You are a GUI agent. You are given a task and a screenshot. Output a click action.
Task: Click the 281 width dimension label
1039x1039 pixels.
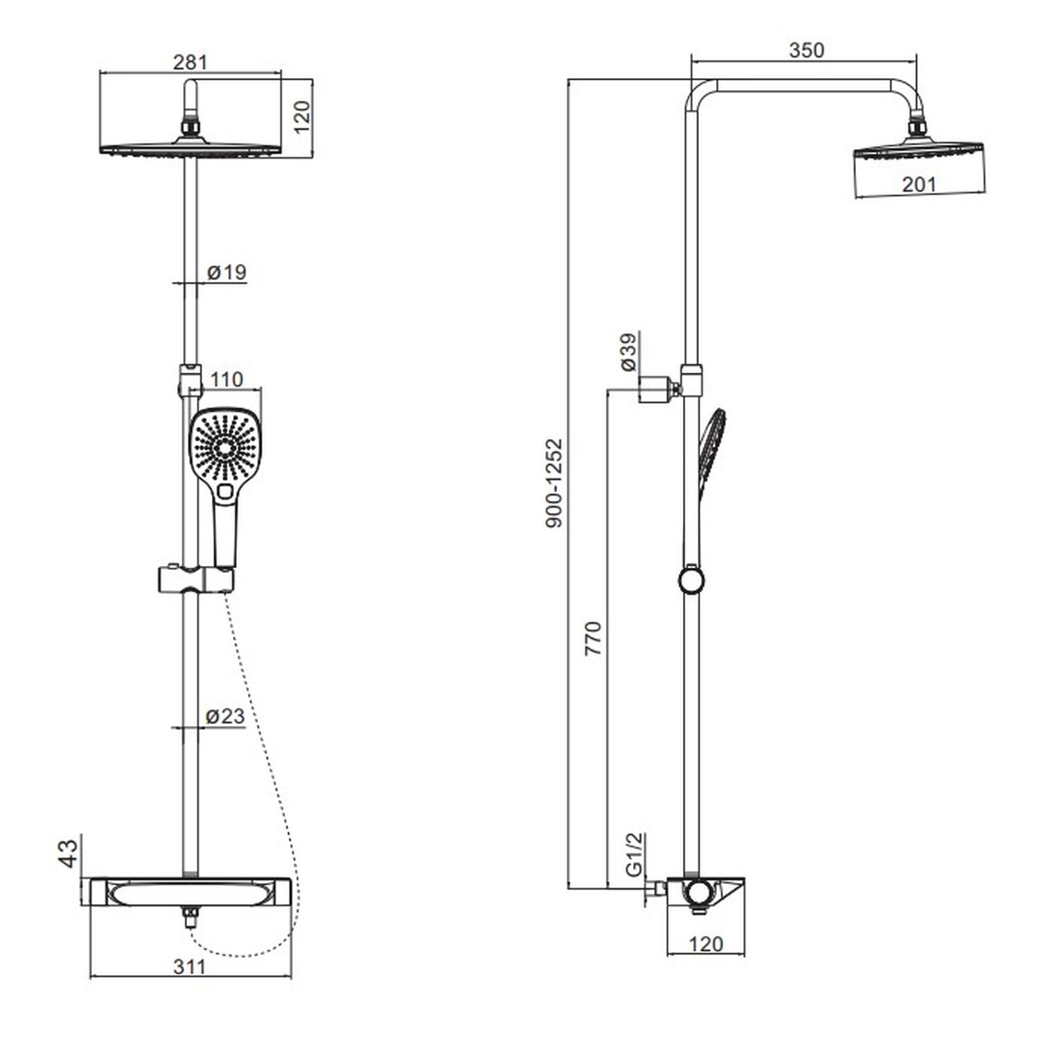point(190,62)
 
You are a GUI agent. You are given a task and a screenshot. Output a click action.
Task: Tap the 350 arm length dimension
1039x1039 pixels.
point(807,50)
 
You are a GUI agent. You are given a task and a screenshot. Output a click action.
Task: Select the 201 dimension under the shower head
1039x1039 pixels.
point(919,184)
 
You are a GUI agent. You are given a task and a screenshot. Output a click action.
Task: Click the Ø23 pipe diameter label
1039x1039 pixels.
point(226,716)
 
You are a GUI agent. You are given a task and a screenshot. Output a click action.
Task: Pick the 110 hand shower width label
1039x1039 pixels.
point(227,380)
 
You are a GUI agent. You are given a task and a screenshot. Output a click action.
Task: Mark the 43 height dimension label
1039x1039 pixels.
point(68,853)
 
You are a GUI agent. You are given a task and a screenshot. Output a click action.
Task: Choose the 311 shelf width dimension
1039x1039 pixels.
point(189,966)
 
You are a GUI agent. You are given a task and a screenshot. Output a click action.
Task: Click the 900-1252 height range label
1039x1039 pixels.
point(554,483)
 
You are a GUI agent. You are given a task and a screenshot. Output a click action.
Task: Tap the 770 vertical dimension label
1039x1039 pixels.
point(594,639)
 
